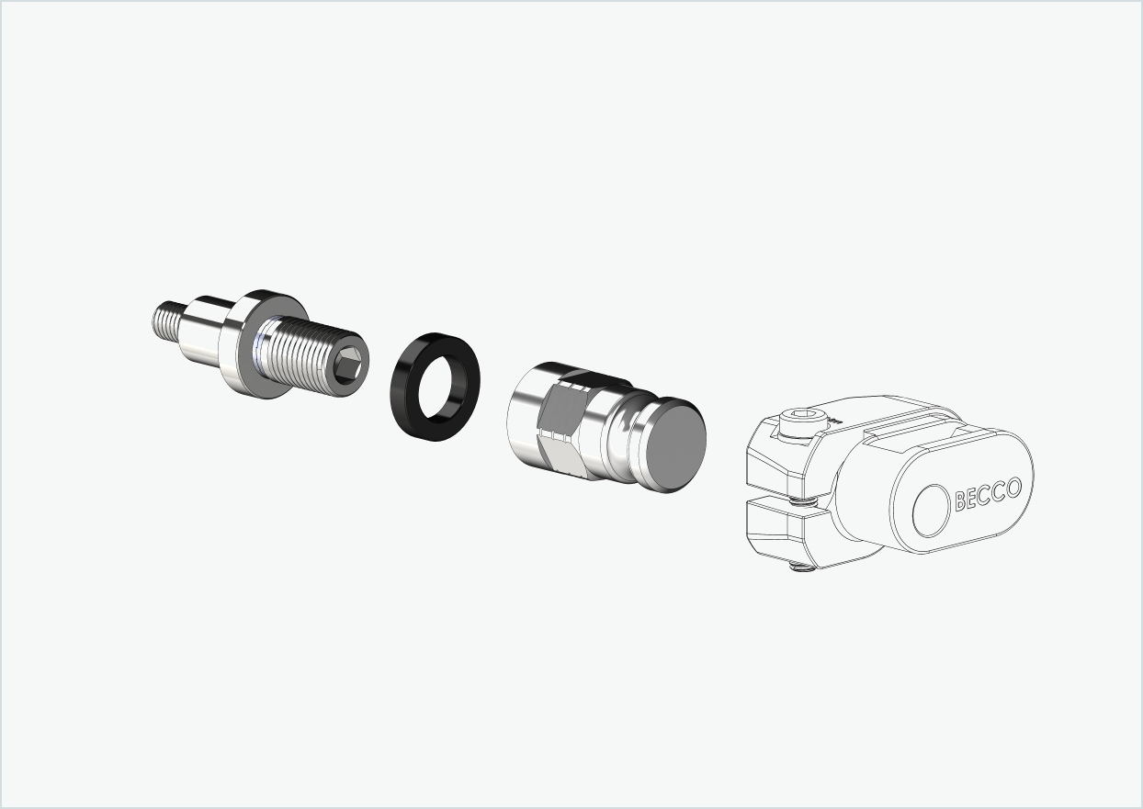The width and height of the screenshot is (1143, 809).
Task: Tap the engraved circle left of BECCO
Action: (x=932, y=510)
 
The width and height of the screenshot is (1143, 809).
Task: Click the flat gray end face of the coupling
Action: (x=673, y=444)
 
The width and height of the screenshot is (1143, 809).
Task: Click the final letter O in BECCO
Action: (x=1013, y=487)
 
